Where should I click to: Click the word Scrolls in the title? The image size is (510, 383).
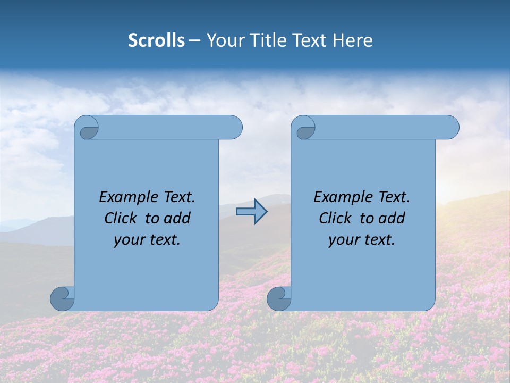[x=156, y=40]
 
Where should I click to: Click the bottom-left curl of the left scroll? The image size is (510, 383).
[x=62, y=299]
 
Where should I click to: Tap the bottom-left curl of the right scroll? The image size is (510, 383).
[x=279, y=299]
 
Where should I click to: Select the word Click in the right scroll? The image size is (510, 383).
[x=335, y=219]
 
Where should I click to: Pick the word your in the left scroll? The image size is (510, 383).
[x=127, y=240]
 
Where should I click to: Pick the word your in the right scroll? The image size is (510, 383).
[x=342, y=240]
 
